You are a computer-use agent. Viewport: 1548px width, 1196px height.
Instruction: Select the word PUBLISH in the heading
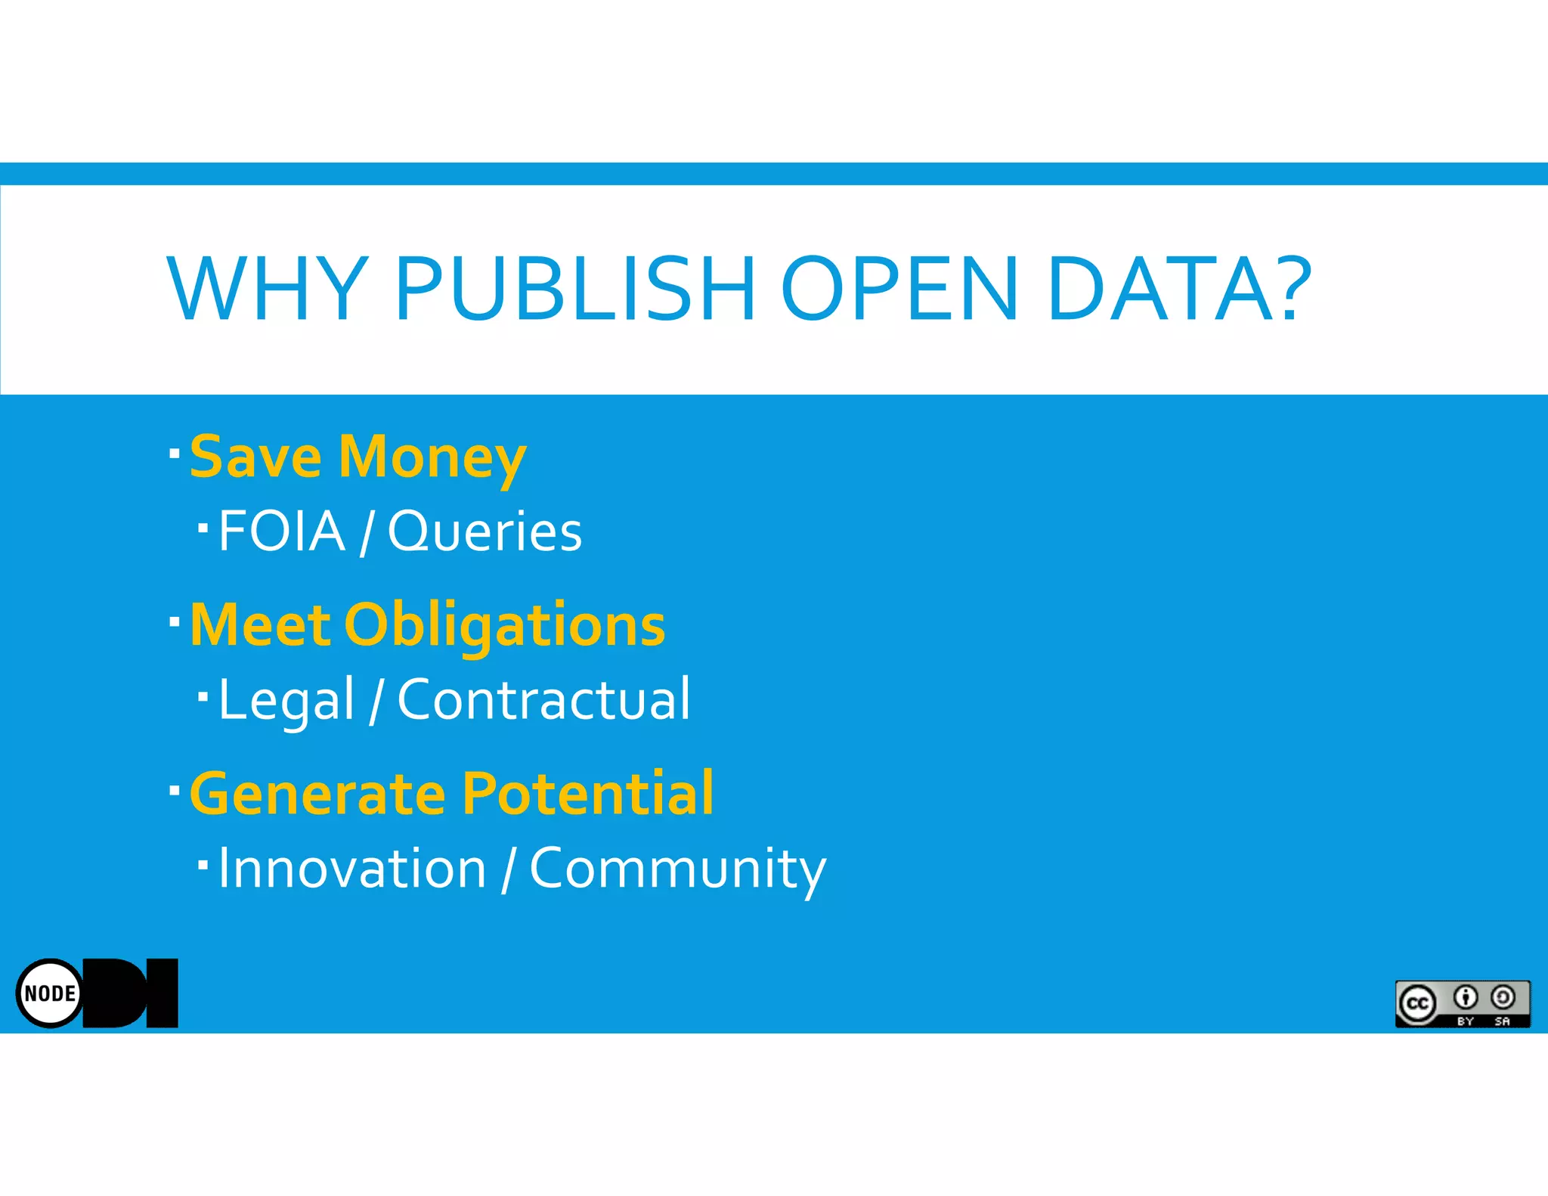point(574,289)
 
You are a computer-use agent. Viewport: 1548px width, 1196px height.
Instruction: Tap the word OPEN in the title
point(899,289)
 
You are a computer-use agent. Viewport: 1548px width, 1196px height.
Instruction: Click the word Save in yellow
point(255,457)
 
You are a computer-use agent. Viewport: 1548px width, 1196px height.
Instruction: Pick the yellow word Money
point(432,459)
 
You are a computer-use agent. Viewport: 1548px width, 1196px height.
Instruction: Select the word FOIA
point(281,531)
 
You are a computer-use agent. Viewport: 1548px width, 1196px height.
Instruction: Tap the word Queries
point(485,532)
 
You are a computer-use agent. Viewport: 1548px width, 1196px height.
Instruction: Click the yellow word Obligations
point(504,626)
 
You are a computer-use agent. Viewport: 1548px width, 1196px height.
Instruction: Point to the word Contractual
point(543,699)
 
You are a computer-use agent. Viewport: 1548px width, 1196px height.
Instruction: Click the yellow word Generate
point(317,794)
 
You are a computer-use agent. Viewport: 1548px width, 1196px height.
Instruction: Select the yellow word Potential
point(587,794)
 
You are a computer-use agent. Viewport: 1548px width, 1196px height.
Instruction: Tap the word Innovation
point(352,868)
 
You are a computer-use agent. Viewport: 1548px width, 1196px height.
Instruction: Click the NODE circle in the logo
point(50,993)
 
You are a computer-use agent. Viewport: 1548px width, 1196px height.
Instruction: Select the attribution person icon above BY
point(1465,998)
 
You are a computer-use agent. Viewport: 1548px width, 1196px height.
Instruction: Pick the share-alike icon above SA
point(1503,998)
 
